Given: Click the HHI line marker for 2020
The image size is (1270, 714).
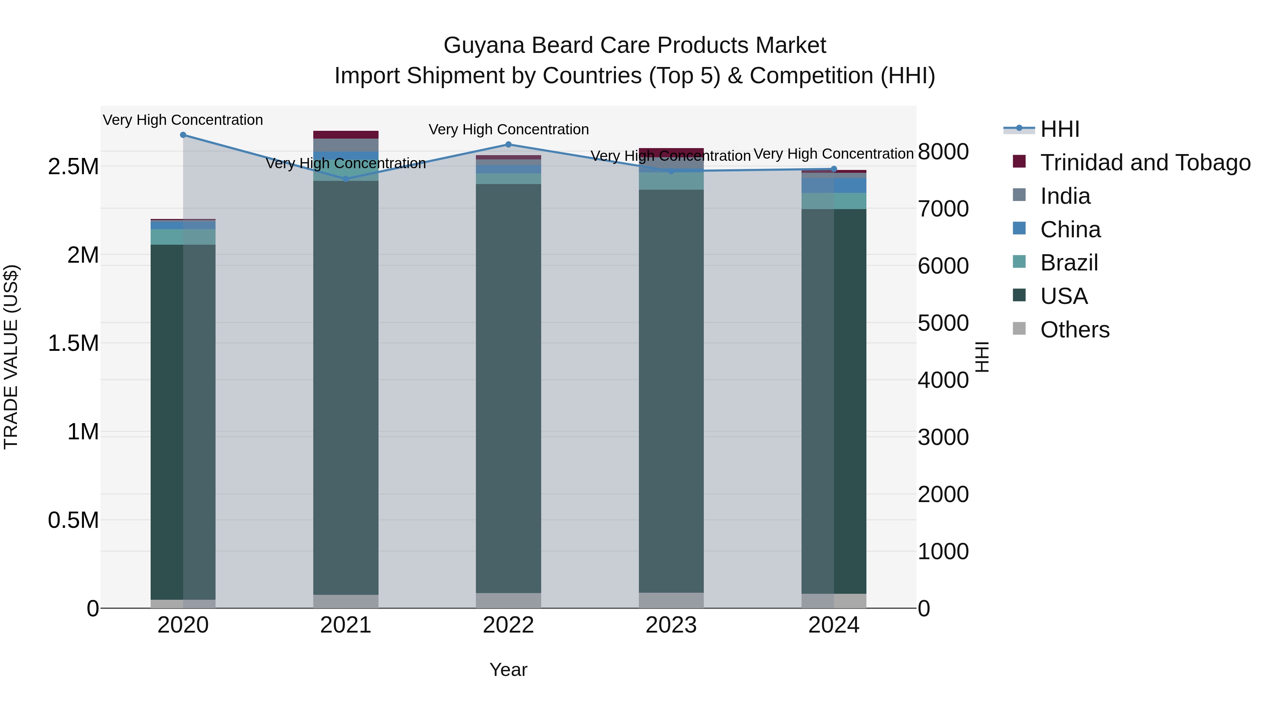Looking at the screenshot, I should tap(183, 135).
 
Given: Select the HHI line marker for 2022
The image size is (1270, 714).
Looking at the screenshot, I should tap(508, 144).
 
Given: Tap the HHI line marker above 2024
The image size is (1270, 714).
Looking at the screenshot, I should tap(834, 169).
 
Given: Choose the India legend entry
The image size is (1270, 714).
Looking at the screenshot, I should tap(1065, 196).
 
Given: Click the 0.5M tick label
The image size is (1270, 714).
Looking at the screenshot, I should tap(73, 520).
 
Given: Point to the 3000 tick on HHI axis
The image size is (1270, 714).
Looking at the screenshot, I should tap(943, 437).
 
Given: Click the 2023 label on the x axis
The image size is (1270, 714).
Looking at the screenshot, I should tap(671, 625).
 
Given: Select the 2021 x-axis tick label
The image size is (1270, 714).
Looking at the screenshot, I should tap(346, 625).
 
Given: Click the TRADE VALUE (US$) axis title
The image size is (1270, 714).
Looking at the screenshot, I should tap(11, 357).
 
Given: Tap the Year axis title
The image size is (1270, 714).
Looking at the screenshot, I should tap(508, 670).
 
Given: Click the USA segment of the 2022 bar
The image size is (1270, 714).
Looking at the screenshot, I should tap(508, 389).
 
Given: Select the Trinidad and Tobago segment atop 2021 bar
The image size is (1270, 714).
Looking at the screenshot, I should tap(346, 135).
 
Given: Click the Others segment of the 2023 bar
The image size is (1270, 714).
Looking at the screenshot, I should tap(671, 600).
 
